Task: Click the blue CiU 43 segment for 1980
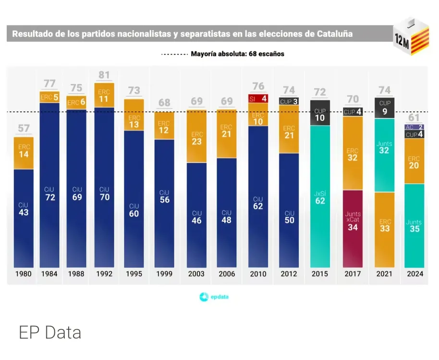24,218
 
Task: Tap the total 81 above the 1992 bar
104,75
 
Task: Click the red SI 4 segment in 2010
258,98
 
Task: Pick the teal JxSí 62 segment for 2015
320,197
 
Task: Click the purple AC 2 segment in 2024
414,127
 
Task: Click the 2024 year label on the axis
414,274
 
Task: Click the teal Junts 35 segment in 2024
414,226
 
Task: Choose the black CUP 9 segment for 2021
385,108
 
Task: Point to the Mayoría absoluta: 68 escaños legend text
237,54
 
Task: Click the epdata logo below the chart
214,297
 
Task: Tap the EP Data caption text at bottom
50,332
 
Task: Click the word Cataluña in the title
335,34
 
